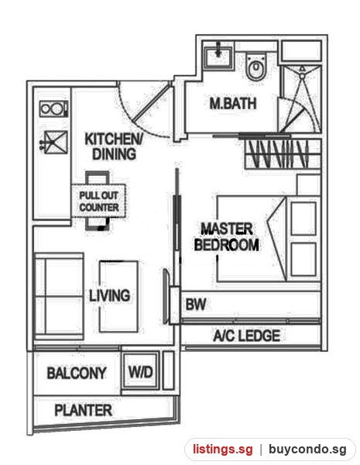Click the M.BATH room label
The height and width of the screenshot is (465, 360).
(233, 104)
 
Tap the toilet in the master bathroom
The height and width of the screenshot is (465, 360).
(256, 67)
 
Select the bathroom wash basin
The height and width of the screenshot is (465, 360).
(218, 56)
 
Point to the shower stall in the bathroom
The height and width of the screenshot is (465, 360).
(300, 98)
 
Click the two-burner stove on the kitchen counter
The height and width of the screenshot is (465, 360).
(54, 108)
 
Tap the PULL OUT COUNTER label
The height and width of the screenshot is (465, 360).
(98, 201)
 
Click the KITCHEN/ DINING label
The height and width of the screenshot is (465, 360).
(114, 146)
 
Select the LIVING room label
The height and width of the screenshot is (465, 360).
(110, 295)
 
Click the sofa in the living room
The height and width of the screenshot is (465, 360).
(59, 296)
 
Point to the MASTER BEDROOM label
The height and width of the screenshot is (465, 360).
(226, 237)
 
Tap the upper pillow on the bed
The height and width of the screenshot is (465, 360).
(303, 219)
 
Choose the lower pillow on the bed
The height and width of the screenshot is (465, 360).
(303, 260)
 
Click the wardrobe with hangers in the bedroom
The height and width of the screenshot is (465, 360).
(283, 153)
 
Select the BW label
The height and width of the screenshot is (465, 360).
(196, 305)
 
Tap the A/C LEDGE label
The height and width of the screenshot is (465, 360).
(246, 336)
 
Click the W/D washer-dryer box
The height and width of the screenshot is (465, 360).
(140, 371)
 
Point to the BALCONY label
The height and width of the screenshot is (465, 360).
(77, 373)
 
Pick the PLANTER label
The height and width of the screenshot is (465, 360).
(84, 410)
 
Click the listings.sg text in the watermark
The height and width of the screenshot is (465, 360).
(223, 449)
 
